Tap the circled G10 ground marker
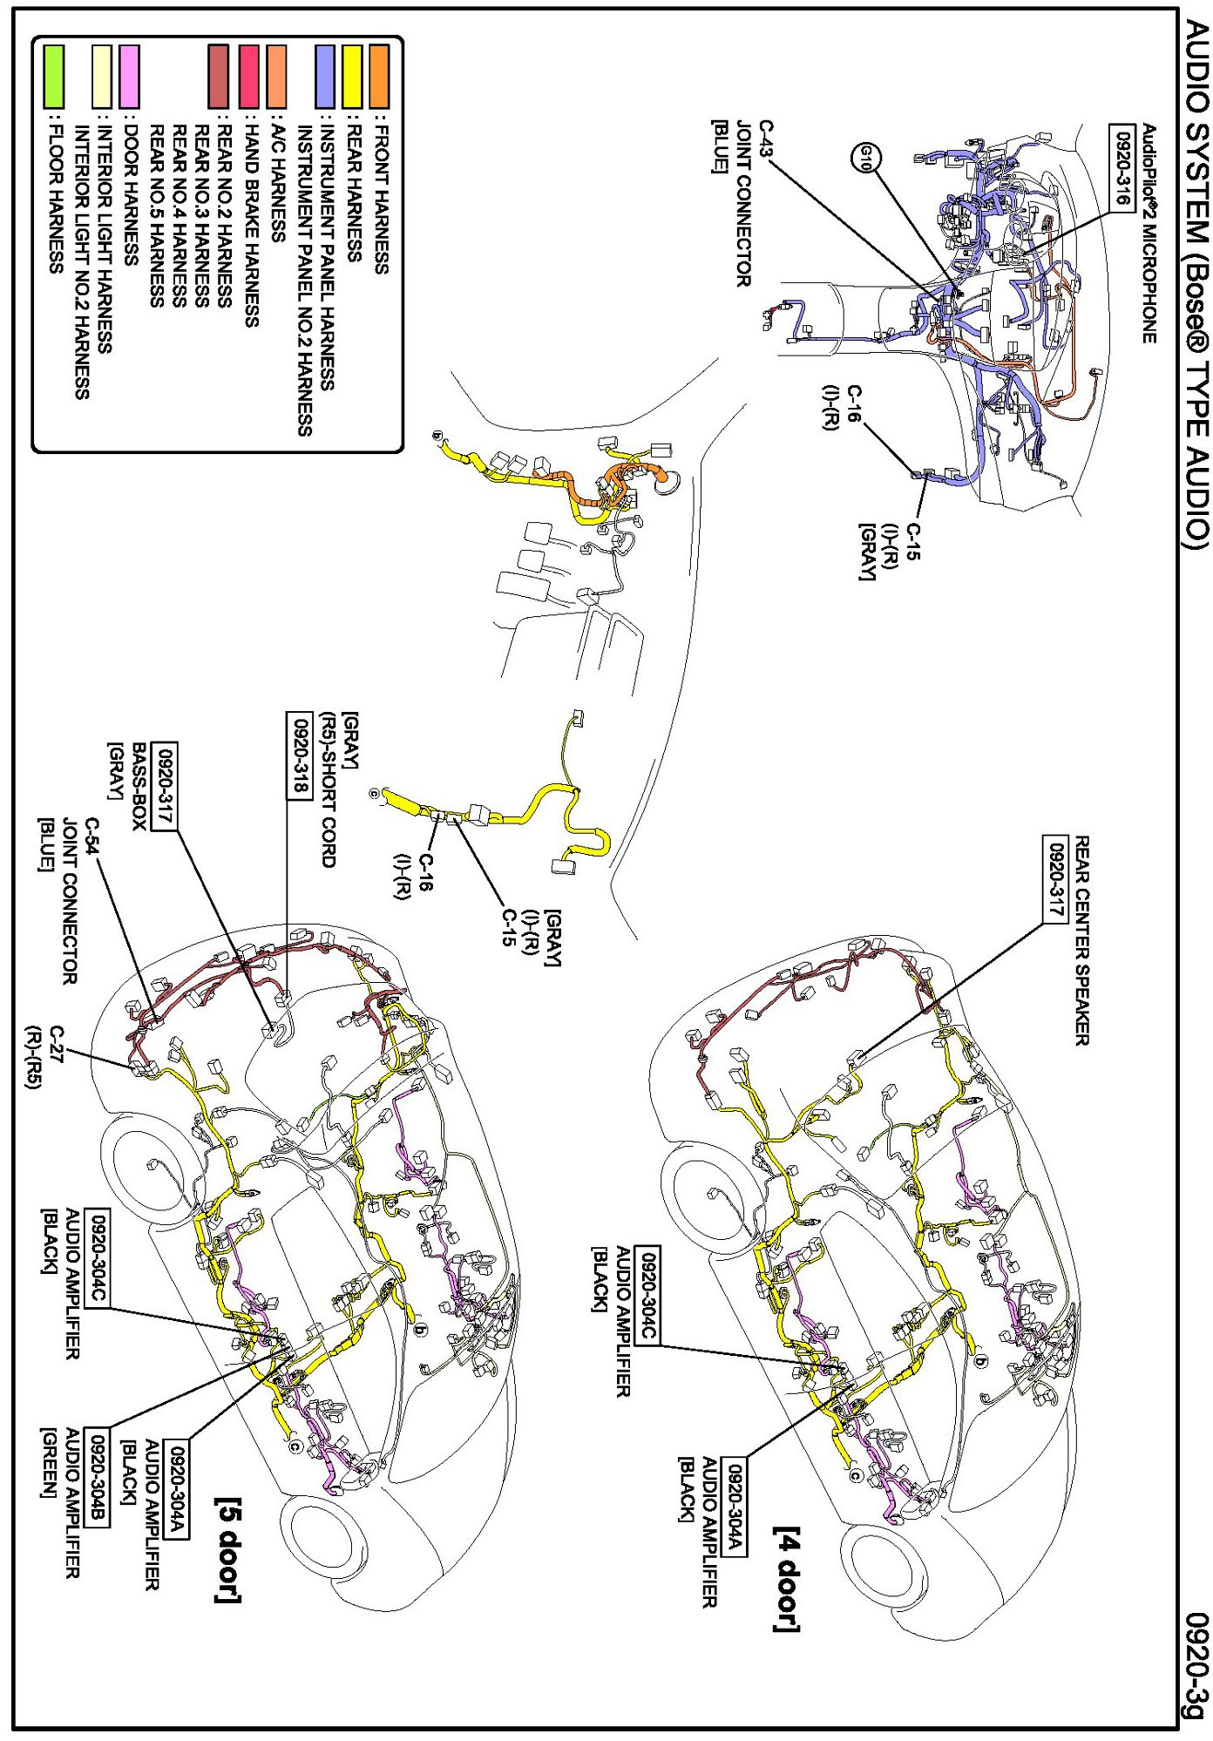[x=866, y=159]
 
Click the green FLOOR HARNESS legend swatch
[x=53, y=77]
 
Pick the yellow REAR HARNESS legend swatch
[x=352, y=77]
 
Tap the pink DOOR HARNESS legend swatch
[x=129, y=77]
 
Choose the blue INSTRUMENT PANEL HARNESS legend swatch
[x=326, y=77]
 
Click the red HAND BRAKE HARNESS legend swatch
[x=249, y=77]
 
